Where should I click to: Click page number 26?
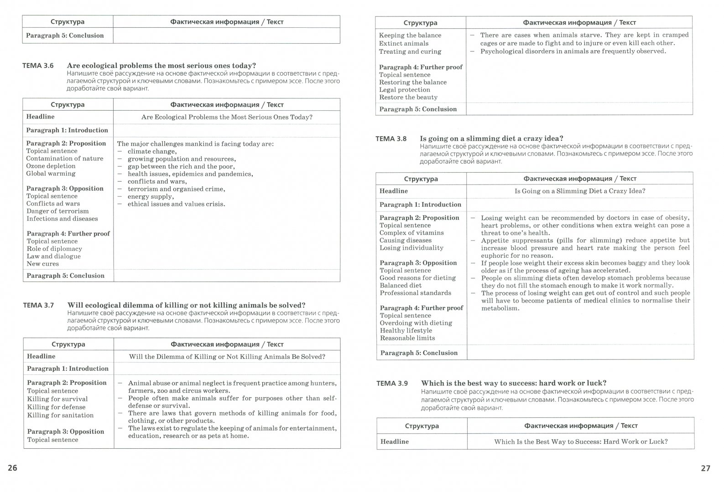click(12, 468)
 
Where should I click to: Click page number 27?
click(705, 468)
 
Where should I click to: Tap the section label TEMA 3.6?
click(38, 66)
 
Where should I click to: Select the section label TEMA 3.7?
click(38, 305)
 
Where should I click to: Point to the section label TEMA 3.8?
click(391, 138)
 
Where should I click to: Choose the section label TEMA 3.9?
click(392, 383)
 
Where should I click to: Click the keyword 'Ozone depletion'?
click(51, 166)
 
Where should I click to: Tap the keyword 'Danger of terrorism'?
click(57, 211)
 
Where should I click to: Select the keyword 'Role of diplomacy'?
click(54, 249)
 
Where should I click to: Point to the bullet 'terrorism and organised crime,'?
click(176, 189)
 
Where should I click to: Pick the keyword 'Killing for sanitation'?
click(60, 415)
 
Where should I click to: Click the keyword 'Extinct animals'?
click(404, 43)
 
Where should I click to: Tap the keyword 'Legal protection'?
click(405, 90)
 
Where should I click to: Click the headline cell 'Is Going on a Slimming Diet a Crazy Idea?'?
click(580, 191)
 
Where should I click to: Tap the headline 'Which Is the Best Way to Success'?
click(581, 441)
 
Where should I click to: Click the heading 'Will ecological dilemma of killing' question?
click(186, 305)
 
